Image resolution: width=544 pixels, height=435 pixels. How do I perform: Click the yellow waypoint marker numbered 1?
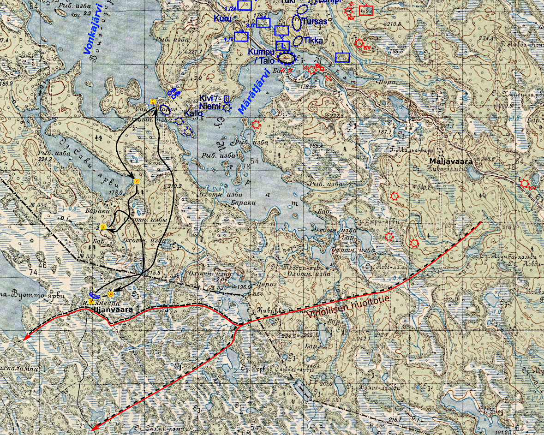click(x=152, y=101)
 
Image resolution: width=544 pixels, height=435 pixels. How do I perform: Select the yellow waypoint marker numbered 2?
click(x=137, y=181)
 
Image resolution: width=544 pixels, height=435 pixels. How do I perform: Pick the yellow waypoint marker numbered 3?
click(x=103, y=227)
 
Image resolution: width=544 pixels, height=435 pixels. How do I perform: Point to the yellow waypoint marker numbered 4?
click(x=110, y=294)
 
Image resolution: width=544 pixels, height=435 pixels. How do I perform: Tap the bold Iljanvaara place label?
click(x=113, y=310)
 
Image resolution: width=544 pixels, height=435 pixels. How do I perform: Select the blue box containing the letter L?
click(x=282, y=46)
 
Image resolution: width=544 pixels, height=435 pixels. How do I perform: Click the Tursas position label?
click(x=315, y=21)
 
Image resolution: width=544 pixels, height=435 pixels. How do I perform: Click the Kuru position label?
click(x=222, y=18)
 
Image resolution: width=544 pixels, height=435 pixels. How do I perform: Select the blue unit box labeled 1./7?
click(x=241, y=36)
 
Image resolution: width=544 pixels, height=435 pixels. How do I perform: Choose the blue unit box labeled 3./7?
click(x=263, y=22)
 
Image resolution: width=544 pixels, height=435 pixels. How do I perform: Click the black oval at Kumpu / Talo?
click(x=287, y=58)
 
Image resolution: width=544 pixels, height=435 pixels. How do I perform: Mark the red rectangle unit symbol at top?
click(x=366, y=10)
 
